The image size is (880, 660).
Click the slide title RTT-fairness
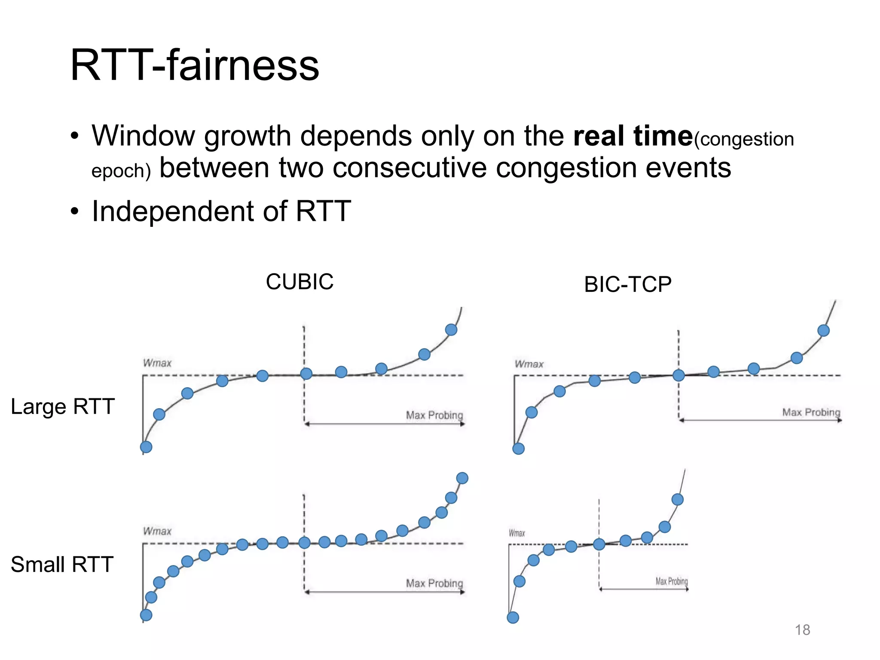(194, 65)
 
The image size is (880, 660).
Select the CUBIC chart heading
(299, 282)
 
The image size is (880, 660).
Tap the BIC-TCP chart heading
(627, 284)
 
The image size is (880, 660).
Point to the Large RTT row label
(63, 406)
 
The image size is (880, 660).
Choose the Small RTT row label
(62, 564)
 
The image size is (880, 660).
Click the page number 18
(802, 630)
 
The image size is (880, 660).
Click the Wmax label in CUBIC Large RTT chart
(157, 363)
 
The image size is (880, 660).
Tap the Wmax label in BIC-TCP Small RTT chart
(517, 533)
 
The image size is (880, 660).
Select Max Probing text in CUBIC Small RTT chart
(434, 583)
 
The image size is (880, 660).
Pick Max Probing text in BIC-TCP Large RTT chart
(811, 412)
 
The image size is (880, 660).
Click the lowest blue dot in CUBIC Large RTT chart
(146, 447)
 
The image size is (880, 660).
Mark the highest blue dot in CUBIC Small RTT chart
(462, 478)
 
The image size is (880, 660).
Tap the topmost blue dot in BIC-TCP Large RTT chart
(823, 330)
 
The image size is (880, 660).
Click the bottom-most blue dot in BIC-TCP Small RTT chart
(513, 617)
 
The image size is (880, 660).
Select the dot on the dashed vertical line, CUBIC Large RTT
(306, 373)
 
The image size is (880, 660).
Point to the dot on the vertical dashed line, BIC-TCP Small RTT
(599, 544)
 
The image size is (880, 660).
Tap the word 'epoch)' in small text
(121, 171)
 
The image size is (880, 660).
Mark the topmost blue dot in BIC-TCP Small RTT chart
(677, 499)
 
